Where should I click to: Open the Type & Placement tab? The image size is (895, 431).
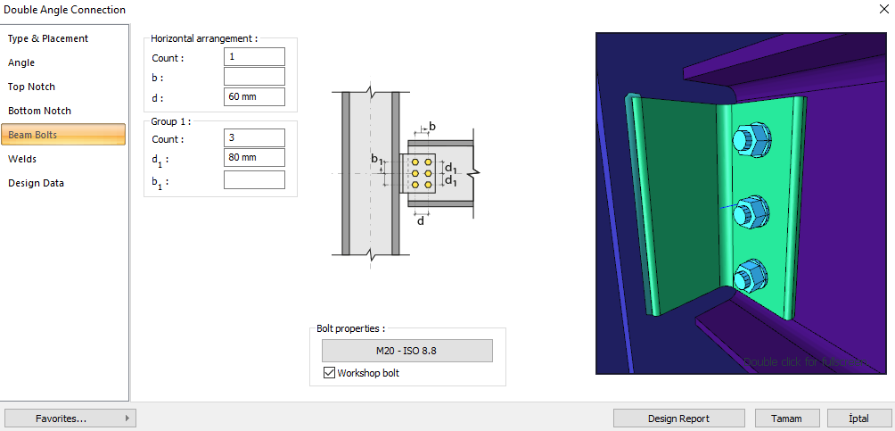click(x=48, y=38)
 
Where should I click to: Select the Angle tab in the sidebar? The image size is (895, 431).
click(x=21, y=62)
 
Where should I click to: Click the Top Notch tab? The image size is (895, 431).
click(x=32, y=87)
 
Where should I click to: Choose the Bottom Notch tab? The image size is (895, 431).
click(x=39, y=111)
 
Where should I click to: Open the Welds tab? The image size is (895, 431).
click(x=22, y=159)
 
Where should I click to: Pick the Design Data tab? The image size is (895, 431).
click(x=36, y=183)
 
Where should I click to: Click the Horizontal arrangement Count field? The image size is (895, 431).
click(x=254, y=57)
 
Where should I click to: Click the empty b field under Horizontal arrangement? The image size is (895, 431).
click(x=254, y=77)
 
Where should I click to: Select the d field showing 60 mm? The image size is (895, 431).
click(x=254, y=96)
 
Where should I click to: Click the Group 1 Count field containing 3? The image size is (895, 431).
click(x=254, y=138)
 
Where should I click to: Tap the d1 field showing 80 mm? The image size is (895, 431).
click(x=254, y=158)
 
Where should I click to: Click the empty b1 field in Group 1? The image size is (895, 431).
click(x=254, y=179)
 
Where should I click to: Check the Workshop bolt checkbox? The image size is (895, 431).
click(x=329, y=372)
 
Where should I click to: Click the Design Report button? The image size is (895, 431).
click(x=679, y=418)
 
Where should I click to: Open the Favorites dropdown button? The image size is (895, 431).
click(x=70, y=418)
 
